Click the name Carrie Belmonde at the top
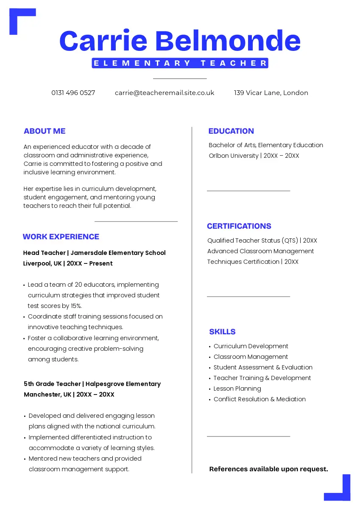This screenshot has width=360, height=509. (180, 41)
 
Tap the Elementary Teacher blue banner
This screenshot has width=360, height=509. (180, 63)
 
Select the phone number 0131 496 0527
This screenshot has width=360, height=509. (73, 93)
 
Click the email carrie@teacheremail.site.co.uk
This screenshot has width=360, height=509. (165, 93)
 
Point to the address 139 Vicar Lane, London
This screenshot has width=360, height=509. (271, 93)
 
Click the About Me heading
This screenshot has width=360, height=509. (45, 131)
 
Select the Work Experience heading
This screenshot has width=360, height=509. (61, 237)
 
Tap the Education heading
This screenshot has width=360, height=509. (231, 131)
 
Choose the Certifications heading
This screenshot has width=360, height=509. (239, 226)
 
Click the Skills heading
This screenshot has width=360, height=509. (222, 332)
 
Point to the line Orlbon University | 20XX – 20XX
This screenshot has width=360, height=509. (254, 156)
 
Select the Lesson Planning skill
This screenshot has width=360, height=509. (237, 389)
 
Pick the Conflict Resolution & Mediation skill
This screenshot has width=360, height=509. (260, 399)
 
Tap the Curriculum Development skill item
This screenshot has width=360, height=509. (251, 346)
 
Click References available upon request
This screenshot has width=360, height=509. (269, 469)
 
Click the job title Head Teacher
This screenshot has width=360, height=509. (44, 253)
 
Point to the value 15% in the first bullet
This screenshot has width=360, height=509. (75, 306)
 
